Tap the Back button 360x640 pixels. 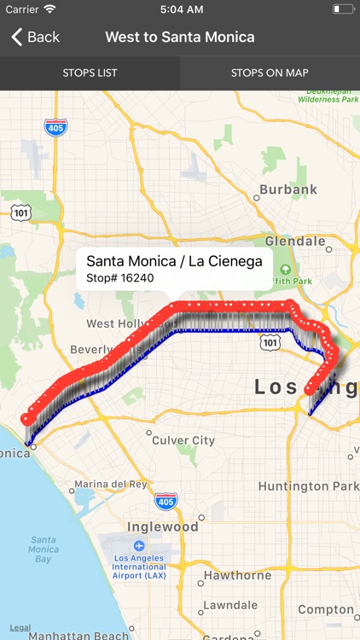[x=35, y=37]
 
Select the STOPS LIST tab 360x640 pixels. [x=90, y=73]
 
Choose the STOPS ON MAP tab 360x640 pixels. [x=270, y=73]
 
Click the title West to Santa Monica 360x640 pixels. [x=180, y=37]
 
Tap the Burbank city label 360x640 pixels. [x=288, y=189]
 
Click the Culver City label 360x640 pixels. [x=183, y=440]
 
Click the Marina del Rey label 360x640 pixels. [x=111, y=484]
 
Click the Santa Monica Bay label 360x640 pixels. [x=44, y=550]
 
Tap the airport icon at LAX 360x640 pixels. [x=138, y=545]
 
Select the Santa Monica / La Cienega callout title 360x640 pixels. [x=174, y=261]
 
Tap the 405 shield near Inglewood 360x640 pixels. [x=166, y=501]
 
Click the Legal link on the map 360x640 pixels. [x=20, y=627]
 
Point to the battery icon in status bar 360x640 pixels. [x=343, y=9]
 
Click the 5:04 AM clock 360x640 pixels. [x=180, y=9]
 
